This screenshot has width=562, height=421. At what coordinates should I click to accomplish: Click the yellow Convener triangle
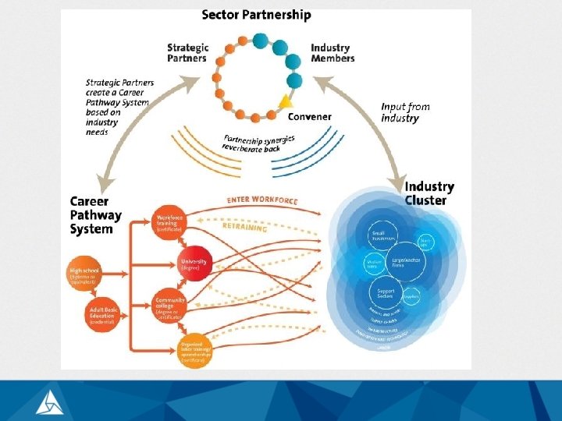point(286,101)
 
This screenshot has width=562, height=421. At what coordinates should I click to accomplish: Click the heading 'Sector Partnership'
point(256,15)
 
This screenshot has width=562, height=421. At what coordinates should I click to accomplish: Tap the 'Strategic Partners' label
point(187,52)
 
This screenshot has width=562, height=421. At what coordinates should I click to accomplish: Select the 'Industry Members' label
point(333,52)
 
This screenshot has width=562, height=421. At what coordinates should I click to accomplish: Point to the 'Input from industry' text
point(405,112)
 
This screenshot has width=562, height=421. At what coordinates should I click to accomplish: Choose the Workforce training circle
point(169,224)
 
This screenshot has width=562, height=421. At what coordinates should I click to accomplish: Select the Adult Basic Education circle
point(103,313)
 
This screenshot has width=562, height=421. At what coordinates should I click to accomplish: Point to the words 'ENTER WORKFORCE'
point(262,201)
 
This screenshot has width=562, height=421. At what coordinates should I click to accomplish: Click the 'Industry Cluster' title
point(429,193)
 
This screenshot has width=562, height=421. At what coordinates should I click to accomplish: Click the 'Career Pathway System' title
point(96,215)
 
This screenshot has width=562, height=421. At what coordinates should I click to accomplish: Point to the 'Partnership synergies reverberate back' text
point(255,143)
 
